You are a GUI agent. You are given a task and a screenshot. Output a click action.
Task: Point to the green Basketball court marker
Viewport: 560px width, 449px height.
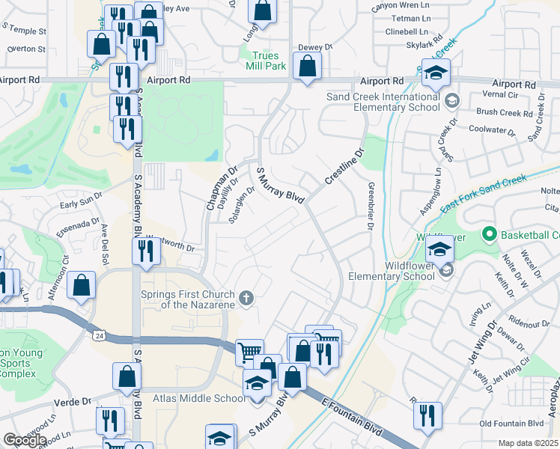pos(490,235)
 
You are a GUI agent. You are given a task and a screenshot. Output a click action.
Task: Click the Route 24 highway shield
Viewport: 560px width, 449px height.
pos(100,336)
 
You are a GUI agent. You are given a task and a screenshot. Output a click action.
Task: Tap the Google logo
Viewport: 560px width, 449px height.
pos(25,440)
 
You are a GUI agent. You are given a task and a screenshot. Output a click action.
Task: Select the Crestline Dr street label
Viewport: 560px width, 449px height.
pos(344,167)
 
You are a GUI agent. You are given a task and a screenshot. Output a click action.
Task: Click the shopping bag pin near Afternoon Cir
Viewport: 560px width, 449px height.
pos(82,285)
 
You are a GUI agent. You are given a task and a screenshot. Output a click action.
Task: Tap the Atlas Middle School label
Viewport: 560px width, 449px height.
pos(194,398)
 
